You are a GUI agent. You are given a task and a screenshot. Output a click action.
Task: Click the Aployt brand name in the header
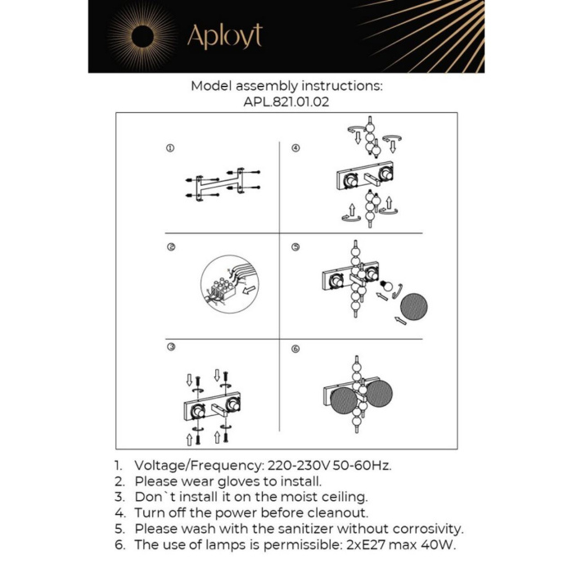pyautogui.click(x=224, y=36)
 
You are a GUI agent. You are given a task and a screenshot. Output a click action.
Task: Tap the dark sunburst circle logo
pyautogui.click(x=142, y=36)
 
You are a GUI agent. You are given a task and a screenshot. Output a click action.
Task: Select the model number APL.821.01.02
pyautogui.click(x=286, y=103)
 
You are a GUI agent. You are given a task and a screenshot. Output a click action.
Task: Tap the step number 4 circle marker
pyautogui.click(x=296, y=148)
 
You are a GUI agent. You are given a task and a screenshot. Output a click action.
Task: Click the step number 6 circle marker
pyautogui.click(x=296, y=348)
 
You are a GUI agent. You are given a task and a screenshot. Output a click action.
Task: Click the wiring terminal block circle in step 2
pyautogui.click(x=224, y=282)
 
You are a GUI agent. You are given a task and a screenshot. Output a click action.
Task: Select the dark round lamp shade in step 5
pyautogui.click(x=413, y=306)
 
